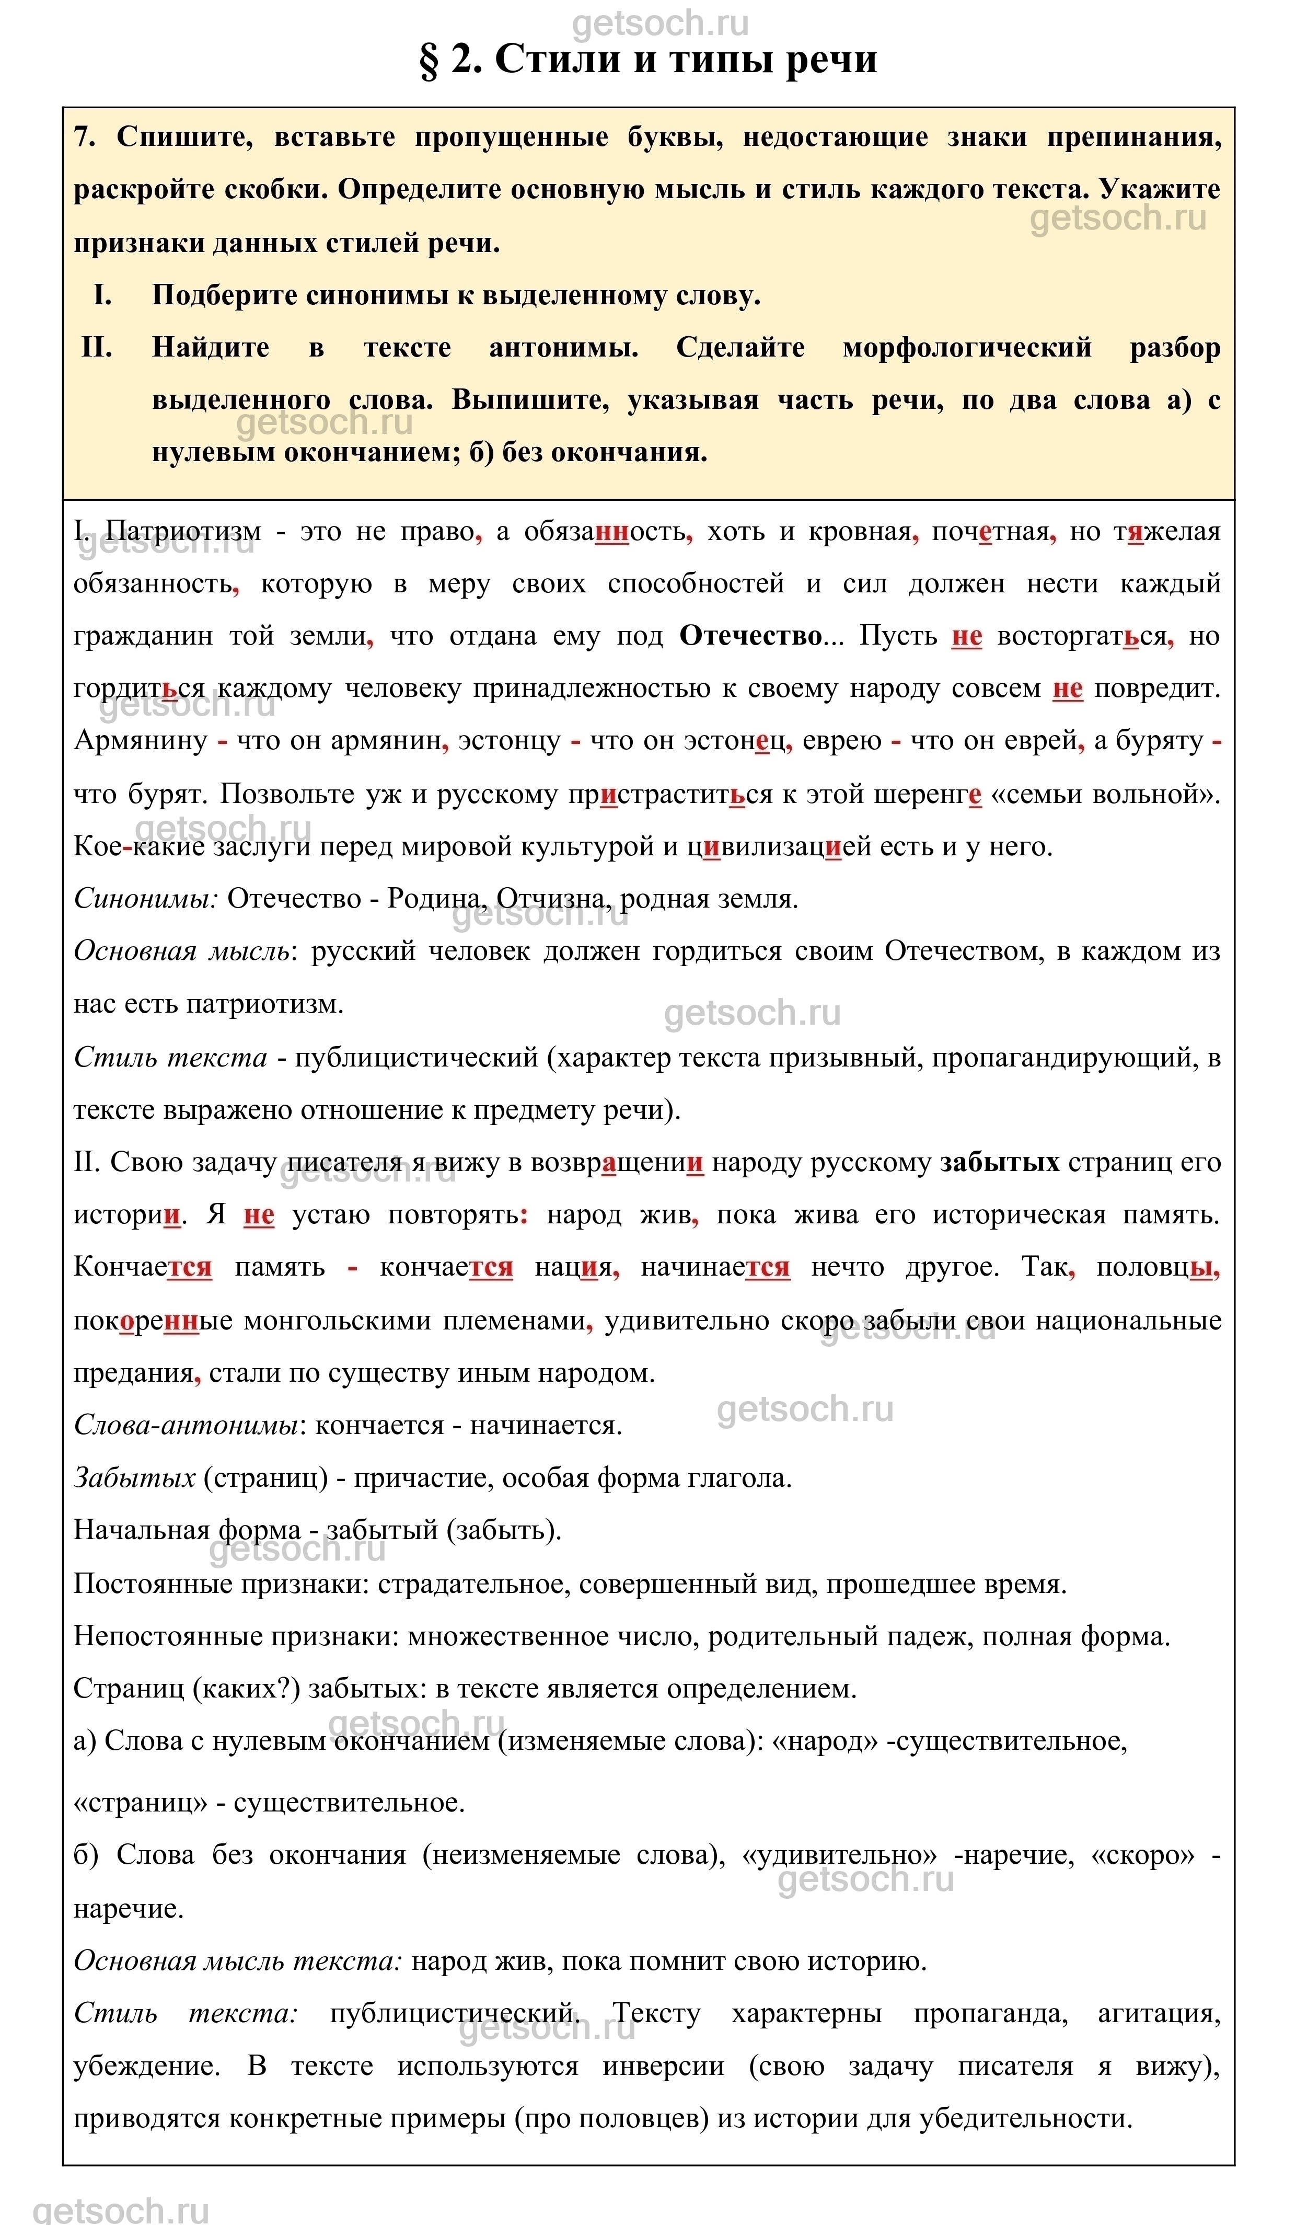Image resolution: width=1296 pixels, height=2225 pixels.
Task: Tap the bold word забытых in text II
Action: pyautogui.click(x=999, y=1162)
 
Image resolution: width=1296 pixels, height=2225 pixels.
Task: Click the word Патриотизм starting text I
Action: pyautogui.click(x=183, y=532)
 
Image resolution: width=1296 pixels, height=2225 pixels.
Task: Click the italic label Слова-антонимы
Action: pyautogui.click(x=186, y=1425)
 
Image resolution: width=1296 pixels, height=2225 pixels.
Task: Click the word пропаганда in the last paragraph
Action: pyautogui.click(x=990, y=2013)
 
